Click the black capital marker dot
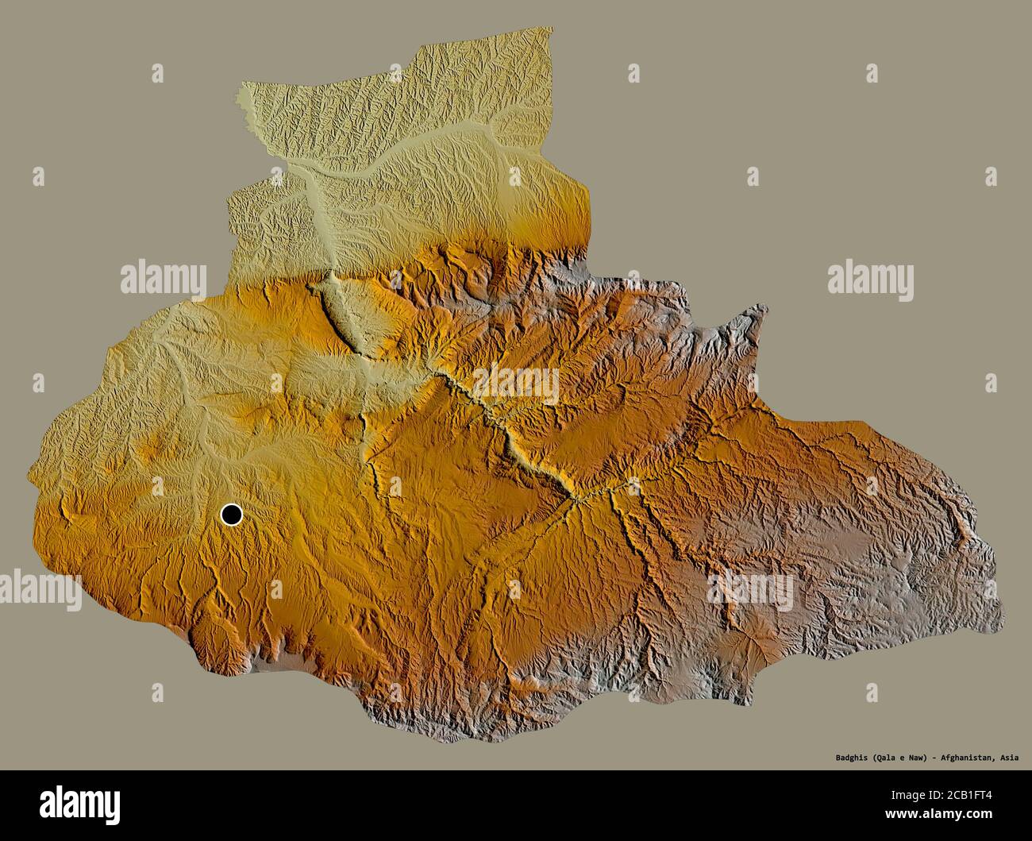(x=231, y=515)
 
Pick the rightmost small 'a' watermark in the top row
(x=872, y=74)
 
